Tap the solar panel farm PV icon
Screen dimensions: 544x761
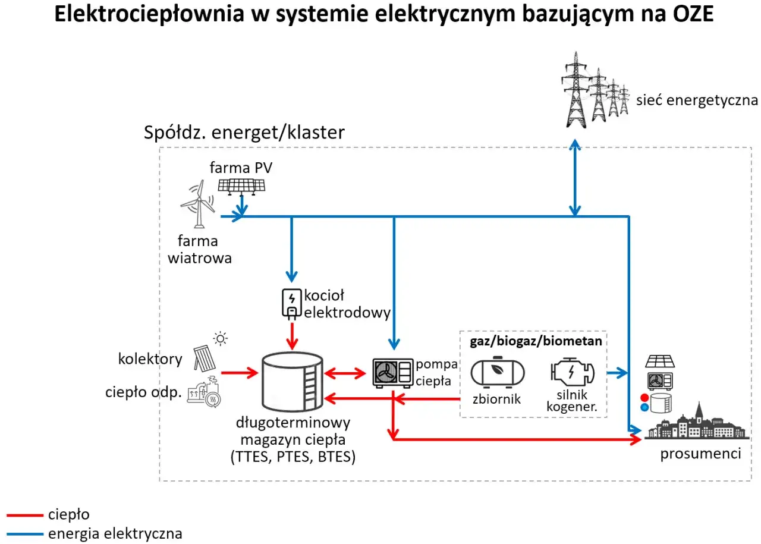[x=241, y=185]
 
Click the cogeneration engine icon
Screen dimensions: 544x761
[x=571, y=373]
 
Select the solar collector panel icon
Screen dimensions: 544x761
[x=206, y=356]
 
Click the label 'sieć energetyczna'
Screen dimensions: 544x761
[x=697, y=99]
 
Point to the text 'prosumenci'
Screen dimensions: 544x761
[x=700, y=454]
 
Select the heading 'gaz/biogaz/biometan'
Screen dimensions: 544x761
[x=536, y=341]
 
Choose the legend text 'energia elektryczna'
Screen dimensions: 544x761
[x=115, y=533]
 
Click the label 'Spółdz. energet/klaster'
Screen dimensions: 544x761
[x=244, y=132]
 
